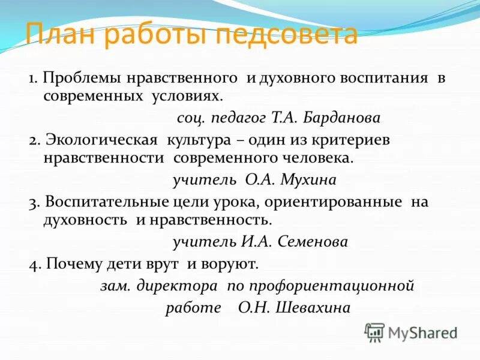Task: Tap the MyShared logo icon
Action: (374, 332)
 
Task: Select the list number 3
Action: (32, 203)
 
